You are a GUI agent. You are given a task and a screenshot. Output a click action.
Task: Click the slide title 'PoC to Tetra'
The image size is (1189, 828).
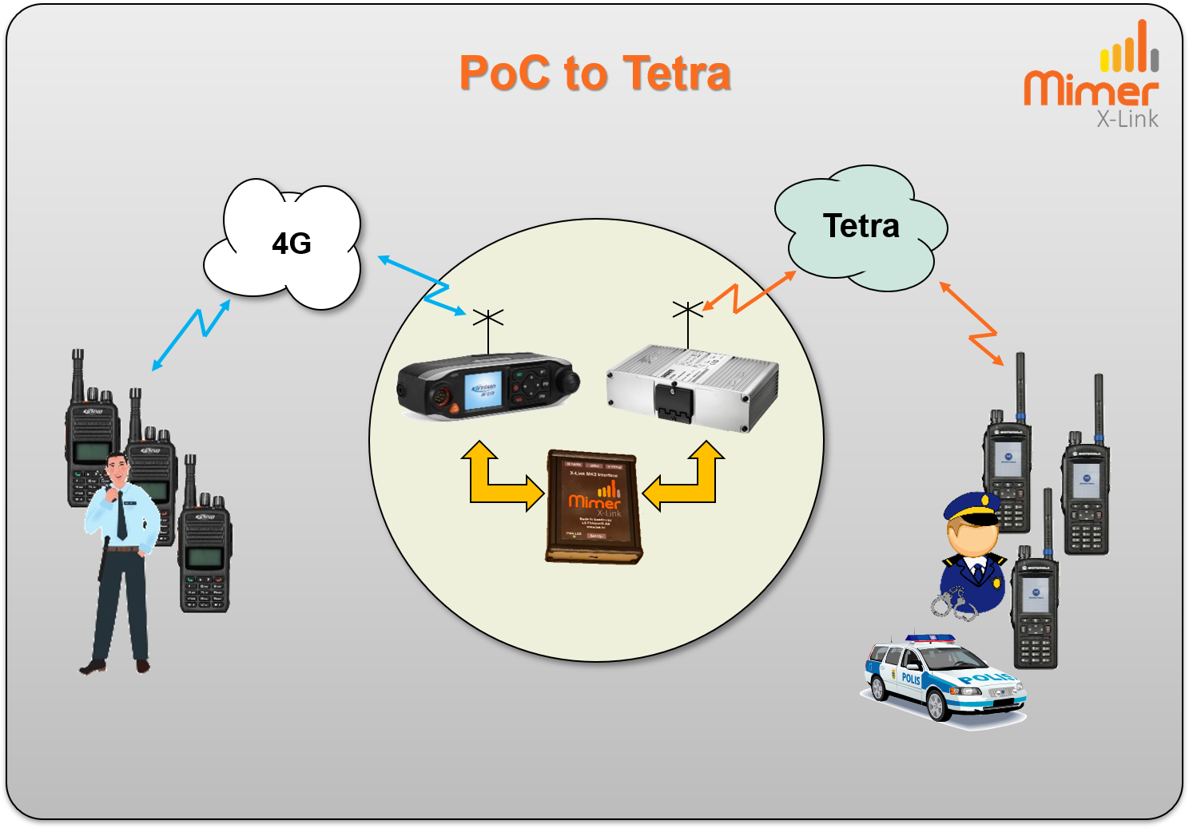point(594,73)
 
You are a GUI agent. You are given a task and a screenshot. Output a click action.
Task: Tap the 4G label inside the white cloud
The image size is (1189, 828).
point(292,244)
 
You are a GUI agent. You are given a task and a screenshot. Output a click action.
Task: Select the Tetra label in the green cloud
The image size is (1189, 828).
point(861,226)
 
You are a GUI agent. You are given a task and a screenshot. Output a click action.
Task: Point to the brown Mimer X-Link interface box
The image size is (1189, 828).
point(594,507)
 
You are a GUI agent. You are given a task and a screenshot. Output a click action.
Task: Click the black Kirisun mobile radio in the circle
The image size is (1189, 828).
point(487,386)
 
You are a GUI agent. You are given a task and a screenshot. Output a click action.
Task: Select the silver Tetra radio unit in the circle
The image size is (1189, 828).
point(692,388)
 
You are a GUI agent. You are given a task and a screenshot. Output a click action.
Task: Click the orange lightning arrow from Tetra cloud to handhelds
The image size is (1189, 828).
point(972,323)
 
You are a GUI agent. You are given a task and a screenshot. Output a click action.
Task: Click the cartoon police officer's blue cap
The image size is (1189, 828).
point(972,508)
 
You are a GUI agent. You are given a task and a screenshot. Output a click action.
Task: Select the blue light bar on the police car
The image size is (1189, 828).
point(930,639)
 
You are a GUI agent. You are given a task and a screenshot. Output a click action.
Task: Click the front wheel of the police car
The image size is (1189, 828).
point(938,707)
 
